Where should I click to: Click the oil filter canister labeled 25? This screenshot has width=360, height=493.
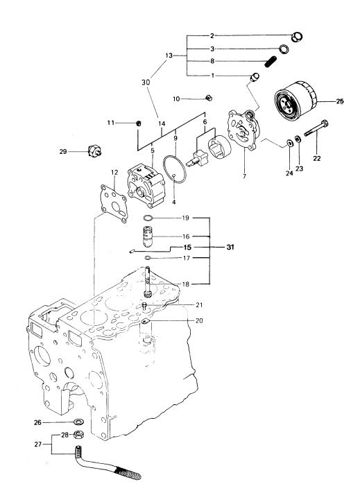(296, 101)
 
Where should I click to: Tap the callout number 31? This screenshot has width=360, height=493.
(230, 248)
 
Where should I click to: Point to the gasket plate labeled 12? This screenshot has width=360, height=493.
(112, 204)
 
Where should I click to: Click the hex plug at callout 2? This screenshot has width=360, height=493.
(297, 37)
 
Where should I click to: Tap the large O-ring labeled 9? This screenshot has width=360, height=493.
(175, 168)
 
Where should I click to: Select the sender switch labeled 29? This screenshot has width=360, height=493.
(94, 151)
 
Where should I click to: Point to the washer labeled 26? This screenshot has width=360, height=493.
(78, 421)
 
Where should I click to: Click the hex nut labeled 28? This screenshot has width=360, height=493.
(78, 435)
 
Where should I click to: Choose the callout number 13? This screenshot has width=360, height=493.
(169, 55)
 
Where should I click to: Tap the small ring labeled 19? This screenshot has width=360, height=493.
(148, 218)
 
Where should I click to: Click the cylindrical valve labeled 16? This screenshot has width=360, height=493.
(148, 236)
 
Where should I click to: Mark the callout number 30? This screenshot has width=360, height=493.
(146, 83)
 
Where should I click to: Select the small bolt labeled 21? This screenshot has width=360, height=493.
(145, 306)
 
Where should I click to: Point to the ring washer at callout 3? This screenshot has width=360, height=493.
(284, 49)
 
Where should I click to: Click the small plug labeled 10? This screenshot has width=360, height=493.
(209, 98)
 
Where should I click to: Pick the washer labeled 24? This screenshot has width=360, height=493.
(289, 143)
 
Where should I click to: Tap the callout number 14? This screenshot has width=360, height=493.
(162, 124)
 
